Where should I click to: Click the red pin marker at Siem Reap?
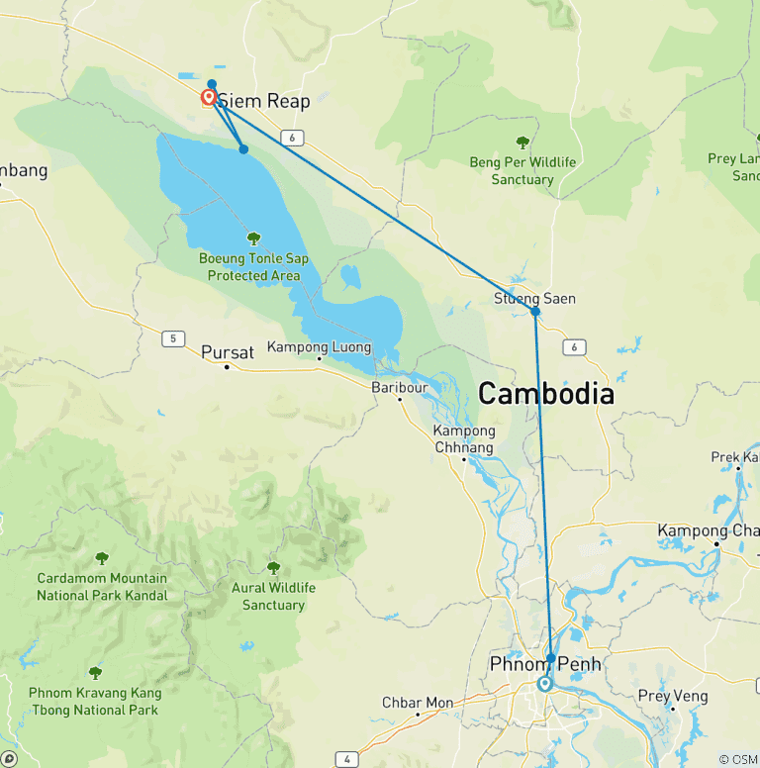(209, 97)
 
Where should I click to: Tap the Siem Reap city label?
(263, 101)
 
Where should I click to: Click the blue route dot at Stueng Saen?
(535, 312)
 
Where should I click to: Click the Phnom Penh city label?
(544, 663)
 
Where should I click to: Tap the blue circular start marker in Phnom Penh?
(544, 684)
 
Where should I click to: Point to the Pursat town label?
(228, 351)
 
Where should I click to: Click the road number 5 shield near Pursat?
(174, 338)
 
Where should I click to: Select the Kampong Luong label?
(320, 347)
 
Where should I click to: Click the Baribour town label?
(400, 387)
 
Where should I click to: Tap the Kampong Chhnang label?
(464, 439)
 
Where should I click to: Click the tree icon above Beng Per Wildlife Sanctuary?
(522, 143)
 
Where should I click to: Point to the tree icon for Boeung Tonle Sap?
(253, 239)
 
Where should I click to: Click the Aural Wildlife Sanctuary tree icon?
(273, 568)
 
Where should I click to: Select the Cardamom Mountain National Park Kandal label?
(102, 587)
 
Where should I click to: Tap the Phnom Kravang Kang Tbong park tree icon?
(95, 673)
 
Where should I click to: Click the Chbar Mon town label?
(418, 703)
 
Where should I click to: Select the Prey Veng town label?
(673, 697)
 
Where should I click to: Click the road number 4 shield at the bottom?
(346, 759)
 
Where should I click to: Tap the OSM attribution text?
(737, 759)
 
